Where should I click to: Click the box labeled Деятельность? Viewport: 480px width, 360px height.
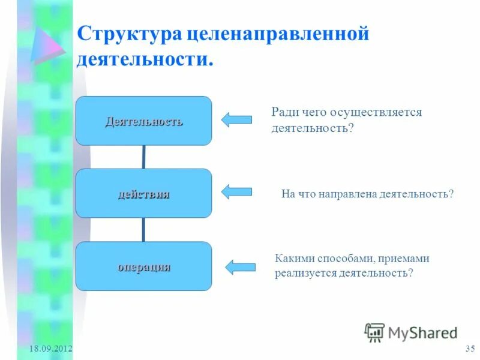click(143, 121)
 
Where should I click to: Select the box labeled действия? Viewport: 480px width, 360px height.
click(143, 193)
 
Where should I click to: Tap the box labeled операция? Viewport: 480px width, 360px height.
click(143, 266)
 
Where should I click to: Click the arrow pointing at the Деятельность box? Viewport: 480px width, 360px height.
click(236, 119)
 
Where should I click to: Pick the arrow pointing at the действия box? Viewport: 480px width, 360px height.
click(236, 192)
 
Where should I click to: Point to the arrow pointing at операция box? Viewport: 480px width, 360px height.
click(240, 267)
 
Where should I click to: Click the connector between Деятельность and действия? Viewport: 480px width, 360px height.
click(143, 157)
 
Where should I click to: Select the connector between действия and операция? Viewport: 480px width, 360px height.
click(143, 230)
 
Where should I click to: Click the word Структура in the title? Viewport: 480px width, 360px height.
click(128, 34)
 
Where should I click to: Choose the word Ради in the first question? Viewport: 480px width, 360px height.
click(284, 112)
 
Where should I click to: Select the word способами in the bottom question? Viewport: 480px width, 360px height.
click(343, 259)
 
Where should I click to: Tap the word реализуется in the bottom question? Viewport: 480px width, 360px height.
click(304, 272)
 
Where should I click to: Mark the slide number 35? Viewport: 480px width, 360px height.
click(470, 349)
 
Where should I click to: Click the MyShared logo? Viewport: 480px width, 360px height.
click(411, 332)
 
